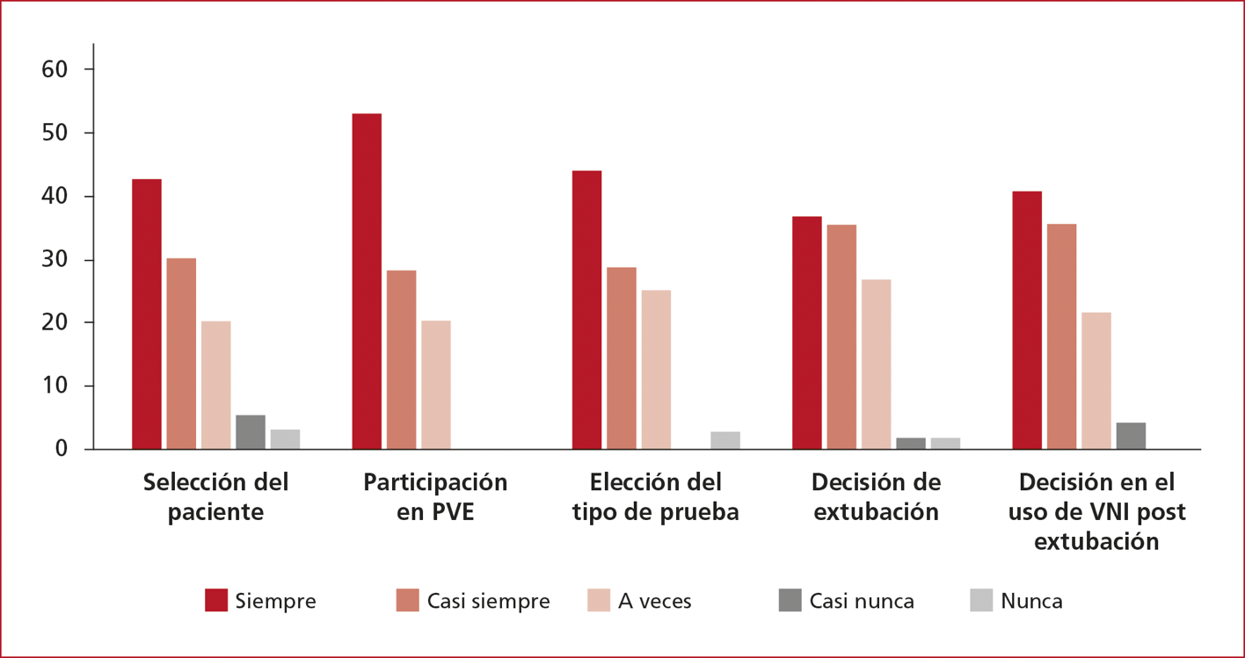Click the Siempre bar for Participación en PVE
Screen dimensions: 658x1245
[367, 281]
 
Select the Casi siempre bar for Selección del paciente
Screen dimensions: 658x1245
[181, 353]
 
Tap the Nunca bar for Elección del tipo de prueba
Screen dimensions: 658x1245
[725, 440]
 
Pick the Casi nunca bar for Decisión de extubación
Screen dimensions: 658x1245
[911, 443]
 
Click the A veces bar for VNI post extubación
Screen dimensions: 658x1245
[1096, 380]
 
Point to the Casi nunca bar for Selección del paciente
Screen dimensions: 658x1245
[251, 431]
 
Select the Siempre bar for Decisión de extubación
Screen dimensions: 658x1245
[806, 332]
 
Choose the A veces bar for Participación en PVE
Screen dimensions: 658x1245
[436, 385]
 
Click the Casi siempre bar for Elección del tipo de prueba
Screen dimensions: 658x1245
[622, 358]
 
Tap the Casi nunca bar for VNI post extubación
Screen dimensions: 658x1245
[1131, 436]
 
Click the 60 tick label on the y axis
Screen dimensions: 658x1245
[55, 69]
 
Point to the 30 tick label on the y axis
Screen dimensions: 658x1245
[55, 260]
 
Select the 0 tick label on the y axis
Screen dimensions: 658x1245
[62, 449]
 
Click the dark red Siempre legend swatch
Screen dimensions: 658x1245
[216, 600]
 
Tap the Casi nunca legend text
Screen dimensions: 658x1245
[862, 601]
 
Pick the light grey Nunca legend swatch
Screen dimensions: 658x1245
[981, 600]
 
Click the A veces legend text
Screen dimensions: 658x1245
[655, 601]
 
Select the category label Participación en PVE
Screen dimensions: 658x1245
[435, 496]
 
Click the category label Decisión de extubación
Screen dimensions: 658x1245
[876, 496]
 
